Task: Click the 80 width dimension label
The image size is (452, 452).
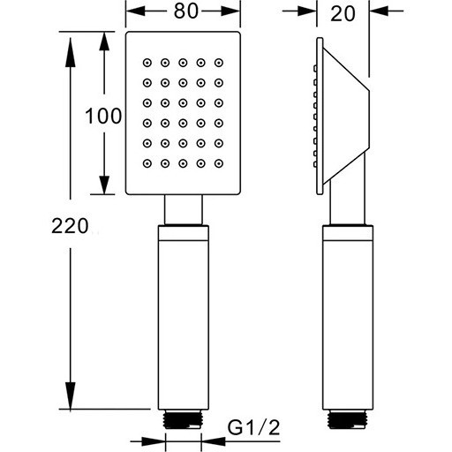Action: pyautogui.click(x=185, y=11)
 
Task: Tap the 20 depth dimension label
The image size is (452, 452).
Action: pyautogui.click(x=343, y=13)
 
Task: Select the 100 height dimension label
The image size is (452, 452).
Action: pyautogui.click(x=103, y=116)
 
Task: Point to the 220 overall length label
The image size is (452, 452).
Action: pyautogui.click(x=70, y=226)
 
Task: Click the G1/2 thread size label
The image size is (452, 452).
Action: pyautogui.click(x=253, y=427)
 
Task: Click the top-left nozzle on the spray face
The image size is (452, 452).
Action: pyautogui.click(x=147, y=63)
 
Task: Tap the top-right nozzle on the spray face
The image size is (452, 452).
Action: pyautogui.click(x=219, y=63)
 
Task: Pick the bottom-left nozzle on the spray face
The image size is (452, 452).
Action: pyautogui.click(x=147, y=163)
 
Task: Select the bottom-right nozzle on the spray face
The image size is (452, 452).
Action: pyautogui.click(x=219, y=163)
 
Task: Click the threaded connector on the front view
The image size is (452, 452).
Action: pyautogui.click(x=183, y=419)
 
